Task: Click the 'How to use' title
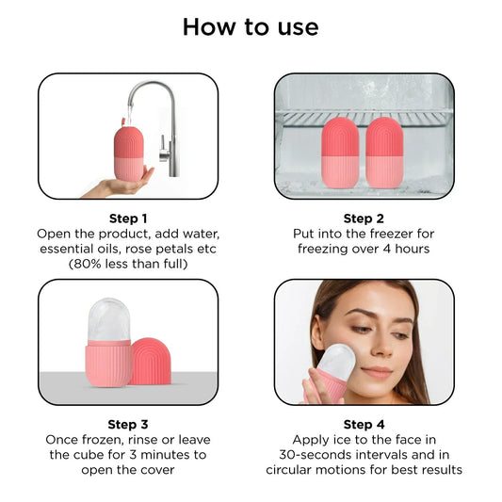(x=251, y=26)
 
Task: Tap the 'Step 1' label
(x=127, y=217)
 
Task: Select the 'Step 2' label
(x=364, y=217)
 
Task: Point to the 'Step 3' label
(x=127, y=424)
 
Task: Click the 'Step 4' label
(x=364, y=424)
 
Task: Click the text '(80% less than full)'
(x=127, y=264)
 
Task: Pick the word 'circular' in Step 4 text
(x=292, y=469)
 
